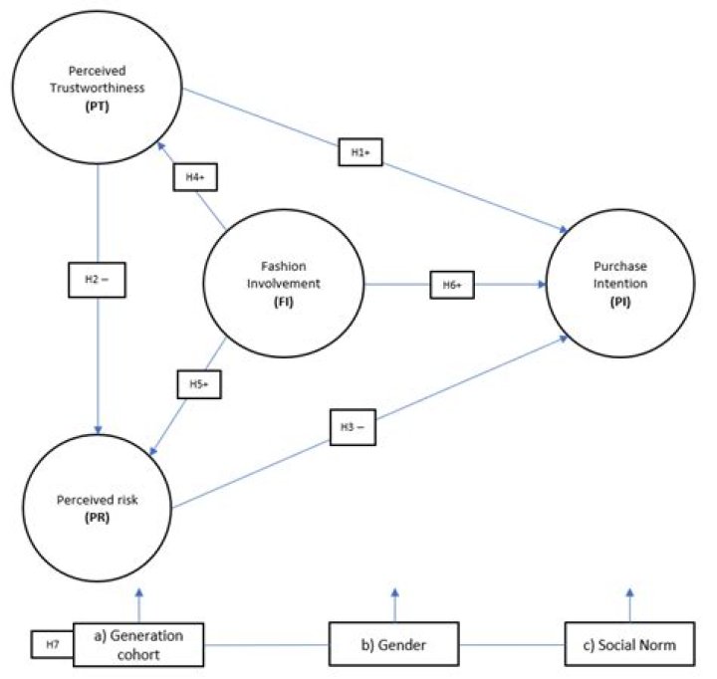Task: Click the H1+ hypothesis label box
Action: pyautogui.click(x=360, y=151)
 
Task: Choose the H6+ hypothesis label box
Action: pyautogui.click(x=453, y=286)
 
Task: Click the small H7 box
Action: pyautogui.click(x=50, y=645)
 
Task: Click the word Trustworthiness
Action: pyautogui.click(x=98, y=88)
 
